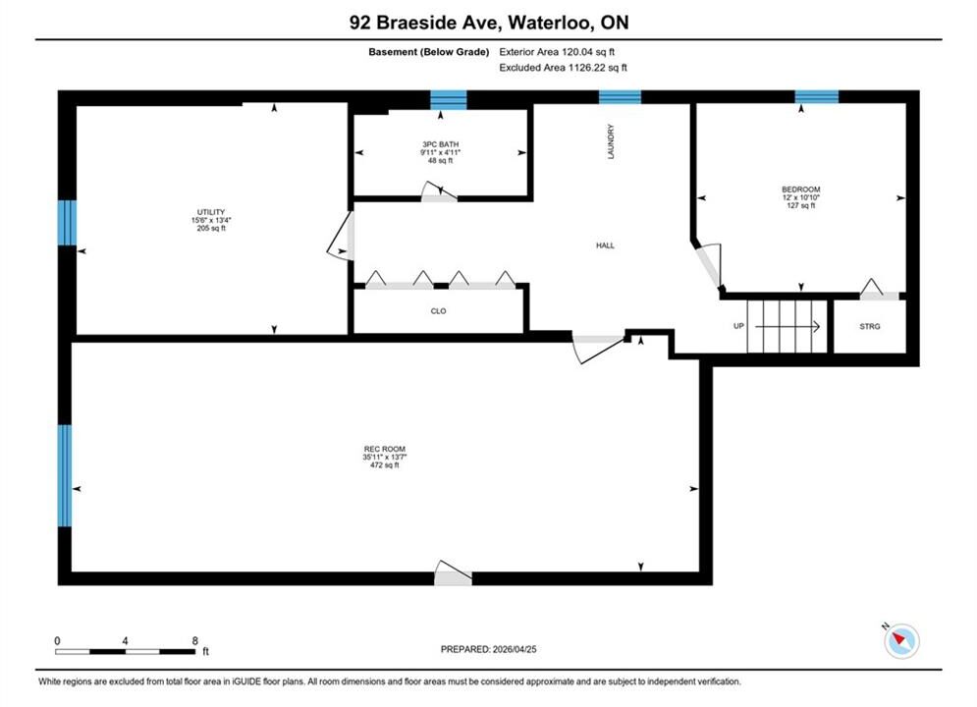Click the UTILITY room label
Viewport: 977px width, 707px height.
[210, 212]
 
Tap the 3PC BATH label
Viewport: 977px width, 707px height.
[441, 144]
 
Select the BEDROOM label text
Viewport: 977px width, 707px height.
[800, 190]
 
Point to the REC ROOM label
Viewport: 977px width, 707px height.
[385, 449]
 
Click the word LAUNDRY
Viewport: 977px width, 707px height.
[611, 141]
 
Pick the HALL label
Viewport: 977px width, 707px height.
[605, 245]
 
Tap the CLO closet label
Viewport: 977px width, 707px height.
[438, 311]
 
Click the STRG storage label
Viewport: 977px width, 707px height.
[870, 326]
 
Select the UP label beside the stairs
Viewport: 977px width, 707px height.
[738, 326]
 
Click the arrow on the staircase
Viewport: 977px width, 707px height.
[787, 326]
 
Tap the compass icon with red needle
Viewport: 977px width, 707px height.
[901, 640]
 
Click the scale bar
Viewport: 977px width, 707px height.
[125, 652]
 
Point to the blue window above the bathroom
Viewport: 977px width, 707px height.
[449, 99]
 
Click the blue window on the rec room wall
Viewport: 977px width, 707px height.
[65, 475]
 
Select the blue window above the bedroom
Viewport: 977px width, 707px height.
[816, 96]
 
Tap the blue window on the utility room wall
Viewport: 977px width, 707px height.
[68, 222]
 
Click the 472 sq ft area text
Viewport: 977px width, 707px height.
[385, 465]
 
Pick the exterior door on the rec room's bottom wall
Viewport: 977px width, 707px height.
[453, 574]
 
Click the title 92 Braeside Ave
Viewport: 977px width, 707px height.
[424, 23]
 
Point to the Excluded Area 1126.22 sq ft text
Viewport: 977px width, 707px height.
[564, 68]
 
